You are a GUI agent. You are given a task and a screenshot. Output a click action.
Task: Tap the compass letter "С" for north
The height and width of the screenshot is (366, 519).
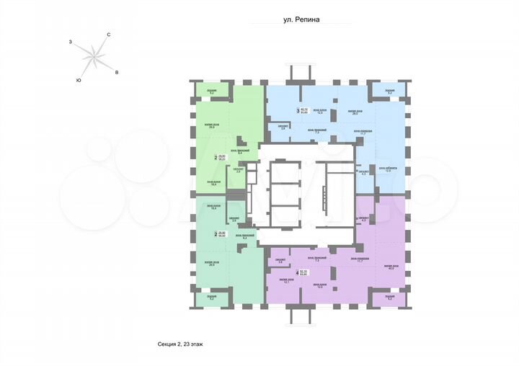pyautogui.click(x=108, y=35)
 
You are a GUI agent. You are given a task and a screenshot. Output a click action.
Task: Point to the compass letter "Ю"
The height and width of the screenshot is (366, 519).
pyautogui.click(x=78, y=80)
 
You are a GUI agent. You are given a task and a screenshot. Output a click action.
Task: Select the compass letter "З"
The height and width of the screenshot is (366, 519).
pyautogui.click(x=70, y=43)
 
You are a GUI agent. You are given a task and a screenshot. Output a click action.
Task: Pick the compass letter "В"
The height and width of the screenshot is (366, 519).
pyautogui.click(x=117, y=73)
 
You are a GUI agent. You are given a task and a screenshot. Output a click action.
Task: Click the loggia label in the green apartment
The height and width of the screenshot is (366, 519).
pyautogui.click(x=212, y=91)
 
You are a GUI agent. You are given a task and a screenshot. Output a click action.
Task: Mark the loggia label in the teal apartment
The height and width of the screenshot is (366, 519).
pyautogui.click(x=212, y=296)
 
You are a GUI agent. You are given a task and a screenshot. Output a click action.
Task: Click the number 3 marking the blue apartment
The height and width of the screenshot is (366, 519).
pyautogui.click(x=298, y=111)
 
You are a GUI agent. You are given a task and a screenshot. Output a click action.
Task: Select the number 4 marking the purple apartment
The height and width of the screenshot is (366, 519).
pyautogui.click(x=298, y=272)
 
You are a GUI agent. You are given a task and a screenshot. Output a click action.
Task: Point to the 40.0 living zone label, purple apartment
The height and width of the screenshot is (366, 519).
pyautogui.click(x=391, y=267)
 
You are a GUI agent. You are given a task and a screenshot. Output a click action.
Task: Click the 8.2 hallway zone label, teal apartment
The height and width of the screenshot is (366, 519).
pyautogui.click(x=244, y=237)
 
